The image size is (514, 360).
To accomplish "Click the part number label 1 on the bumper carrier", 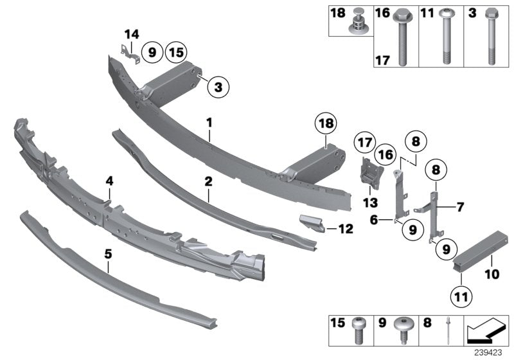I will click(209, 121).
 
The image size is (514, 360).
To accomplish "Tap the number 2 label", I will click(208, 183).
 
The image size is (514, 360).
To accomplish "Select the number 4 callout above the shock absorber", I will click(110, 182).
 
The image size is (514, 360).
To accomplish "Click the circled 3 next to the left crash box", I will click(218, 87).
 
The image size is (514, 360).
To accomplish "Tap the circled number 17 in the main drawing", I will click(366, 142).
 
